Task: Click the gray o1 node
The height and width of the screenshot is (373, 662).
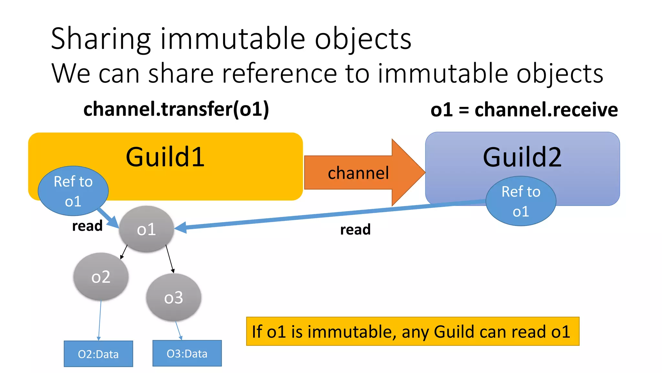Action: [x=146, y=229]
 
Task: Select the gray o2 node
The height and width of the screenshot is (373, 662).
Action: [x=101, y=277]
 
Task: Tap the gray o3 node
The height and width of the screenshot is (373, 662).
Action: [x=174, y=297]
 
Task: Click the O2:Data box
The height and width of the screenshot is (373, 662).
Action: [x=98, y=354]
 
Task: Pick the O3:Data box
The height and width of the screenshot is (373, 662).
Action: [x=187, y=353]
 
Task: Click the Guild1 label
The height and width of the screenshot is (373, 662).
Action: [x=165, y=157]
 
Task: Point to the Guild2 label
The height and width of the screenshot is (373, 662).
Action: [x=522, y=157]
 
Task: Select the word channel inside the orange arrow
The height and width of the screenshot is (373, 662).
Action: [x=358, y=173]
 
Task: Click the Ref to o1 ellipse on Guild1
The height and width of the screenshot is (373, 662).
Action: [x=73, y=191]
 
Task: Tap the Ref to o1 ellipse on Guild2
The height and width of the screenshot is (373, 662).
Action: [x=521, y=201]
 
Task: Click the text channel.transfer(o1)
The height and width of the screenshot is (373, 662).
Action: [x=176, y=109]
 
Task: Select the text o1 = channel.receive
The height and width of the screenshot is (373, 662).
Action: [x=524, y=110]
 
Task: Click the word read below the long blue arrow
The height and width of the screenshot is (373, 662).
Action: [x=355, y=230]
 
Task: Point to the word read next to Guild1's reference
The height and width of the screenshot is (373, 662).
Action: [x=87, y=226]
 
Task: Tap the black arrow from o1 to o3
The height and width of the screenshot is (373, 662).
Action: [x=170, y=259]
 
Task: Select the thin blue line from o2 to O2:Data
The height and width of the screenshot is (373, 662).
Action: [x=100, y=321]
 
